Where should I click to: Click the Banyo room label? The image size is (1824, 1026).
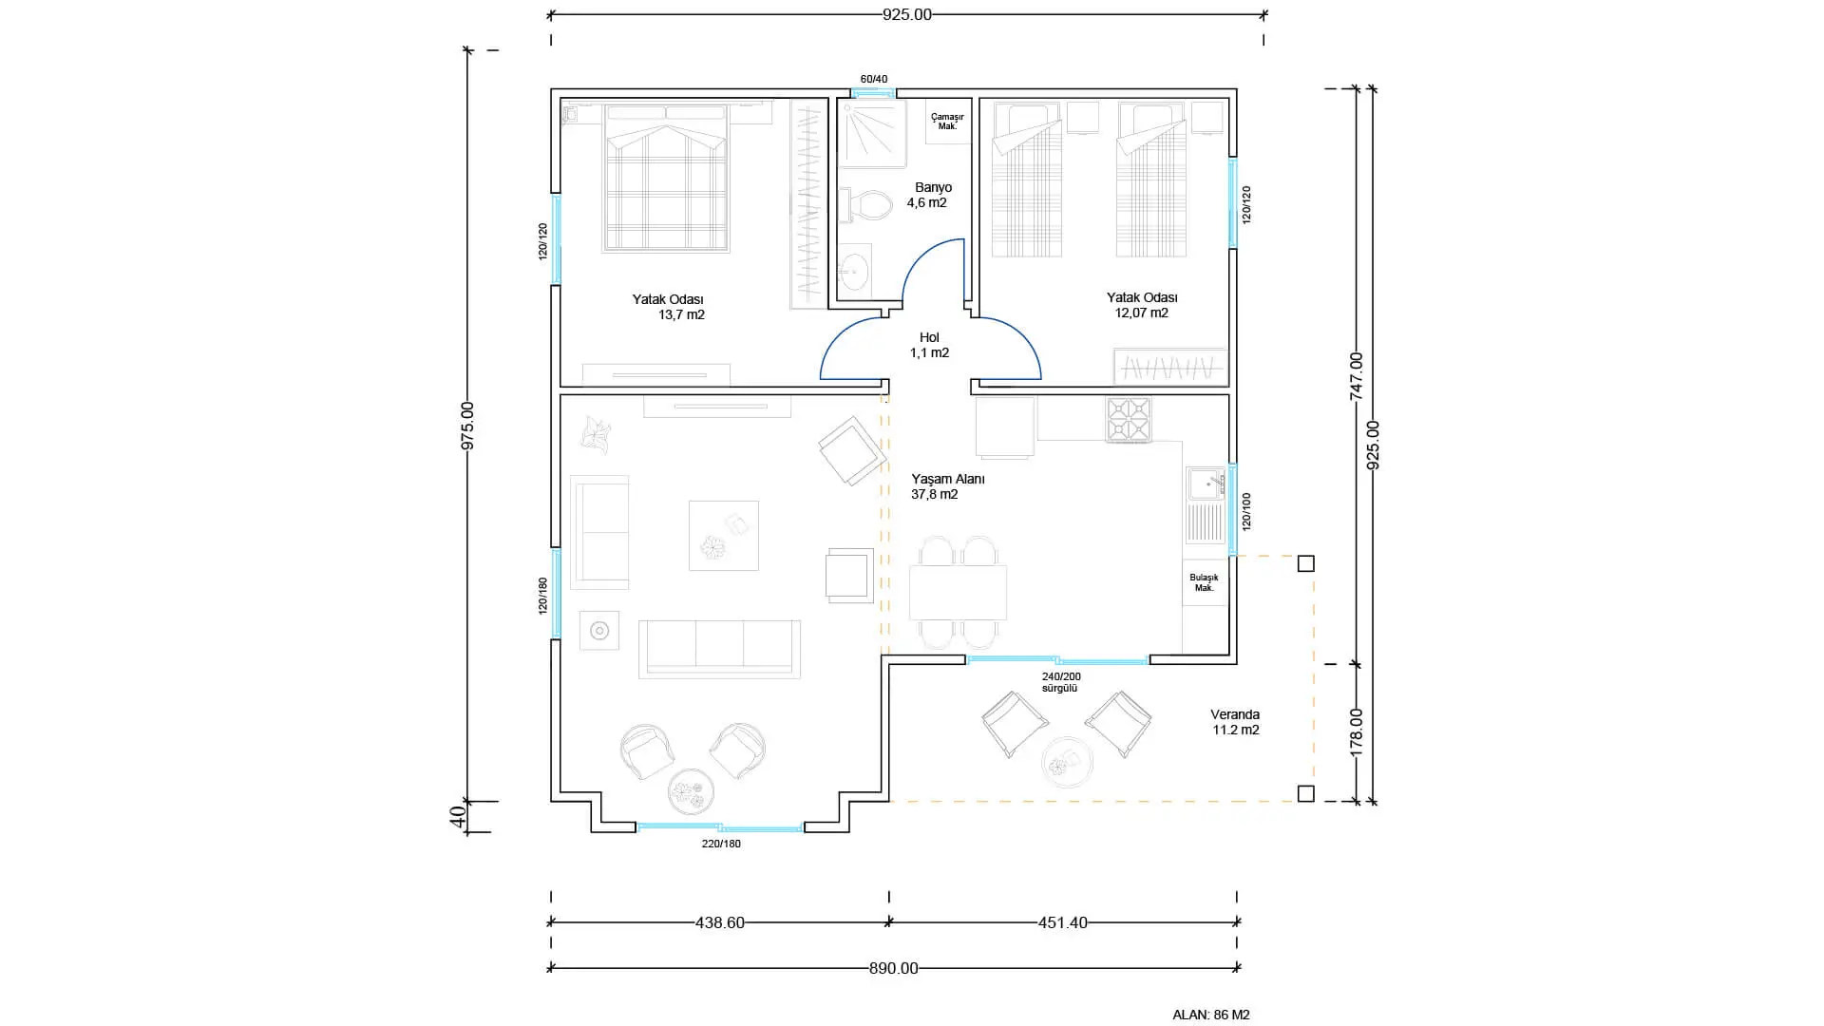click(933, 187)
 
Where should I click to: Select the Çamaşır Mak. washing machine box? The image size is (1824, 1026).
click(947, 122)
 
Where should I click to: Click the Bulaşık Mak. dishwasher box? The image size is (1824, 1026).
click(1205, 582)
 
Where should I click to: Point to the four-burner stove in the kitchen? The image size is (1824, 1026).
click(1129, 419)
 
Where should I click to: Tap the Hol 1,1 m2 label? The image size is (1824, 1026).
click(929, 345)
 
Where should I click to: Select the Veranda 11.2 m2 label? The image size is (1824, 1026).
click(1235, 722)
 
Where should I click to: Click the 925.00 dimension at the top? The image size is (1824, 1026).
click(907, 14)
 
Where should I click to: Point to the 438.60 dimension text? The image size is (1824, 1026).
click(720, 922)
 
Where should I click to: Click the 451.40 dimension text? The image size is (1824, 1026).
click(1063, 922)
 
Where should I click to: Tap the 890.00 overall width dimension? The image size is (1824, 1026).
click(894, 969)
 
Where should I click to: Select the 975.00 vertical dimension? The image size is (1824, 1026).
click(467, 426)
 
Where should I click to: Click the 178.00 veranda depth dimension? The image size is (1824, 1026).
click(1357, 731)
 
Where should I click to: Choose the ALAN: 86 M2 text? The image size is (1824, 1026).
click(1211, 1015)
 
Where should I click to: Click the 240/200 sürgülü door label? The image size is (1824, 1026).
click(1061, 682)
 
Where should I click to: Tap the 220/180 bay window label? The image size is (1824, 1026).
click(721, 844)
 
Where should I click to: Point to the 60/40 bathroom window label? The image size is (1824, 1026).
click(874, 79)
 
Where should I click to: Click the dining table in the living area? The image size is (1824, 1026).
click(958, 593)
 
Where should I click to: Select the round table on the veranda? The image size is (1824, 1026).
click(1068, 762)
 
